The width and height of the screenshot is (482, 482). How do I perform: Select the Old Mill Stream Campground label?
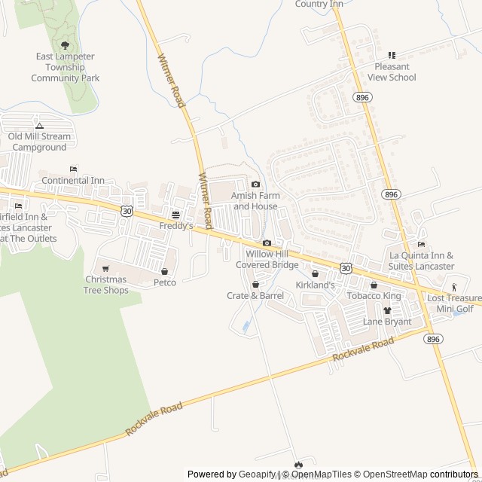click(x=39, y=142)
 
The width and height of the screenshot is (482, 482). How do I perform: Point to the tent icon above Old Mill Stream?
click(x=39, y=125)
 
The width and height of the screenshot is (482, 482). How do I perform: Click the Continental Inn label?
click(x=73, y=181)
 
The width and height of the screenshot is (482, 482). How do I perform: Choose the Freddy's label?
click(x=175, y=225)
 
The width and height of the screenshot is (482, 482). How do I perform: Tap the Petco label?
click(x=164, y=282)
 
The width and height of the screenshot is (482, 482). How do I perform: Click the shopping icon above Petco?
click(x=164, y=270)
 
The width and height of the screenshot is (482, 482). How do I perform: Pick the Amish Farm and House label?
click(x=255, y=200)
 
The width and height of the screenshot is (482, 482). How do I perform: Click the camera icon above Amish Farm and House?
click(x=255, y=185)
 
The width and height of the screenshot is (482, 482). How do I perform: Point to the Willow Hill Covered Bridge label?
click(x=267, y=260)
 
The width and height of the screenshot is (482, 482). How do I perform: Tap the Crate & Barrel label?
click(x=255, y=296)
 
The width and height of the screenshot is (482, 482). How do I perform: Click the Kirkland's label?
click(x=315, y=285)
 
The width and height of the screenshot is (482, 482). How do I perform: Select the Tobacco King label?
click(x=374, y=295)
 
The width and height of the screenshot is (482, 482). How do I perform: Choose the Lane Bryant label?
click(x=387, y=322)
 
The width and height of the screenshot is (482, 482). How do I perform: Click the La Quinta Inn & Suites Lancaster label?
click(x=422, y=261)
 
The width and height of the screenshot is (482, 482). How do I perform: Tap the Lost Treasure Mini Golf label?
click(x=455, y=304)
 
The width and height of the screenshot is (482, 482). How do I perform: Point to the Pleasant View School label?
click(x=392, y=72)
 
